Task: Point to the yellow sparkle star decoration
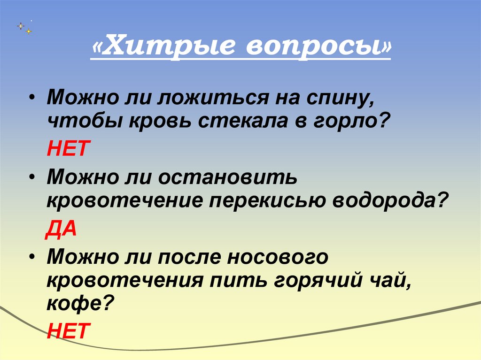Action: pyautogui.click(x=29, y=31)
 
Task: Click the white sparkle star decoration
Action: pyautogui.click(x=21, y=26)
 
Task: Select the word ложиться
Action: pyautogui.click(x=216, y=99)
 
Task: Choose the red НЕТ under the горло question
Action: pyautogui.click(x=67, y=150)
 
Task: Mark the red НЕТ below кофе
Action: pyautogui.click(x=67, y=331)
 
